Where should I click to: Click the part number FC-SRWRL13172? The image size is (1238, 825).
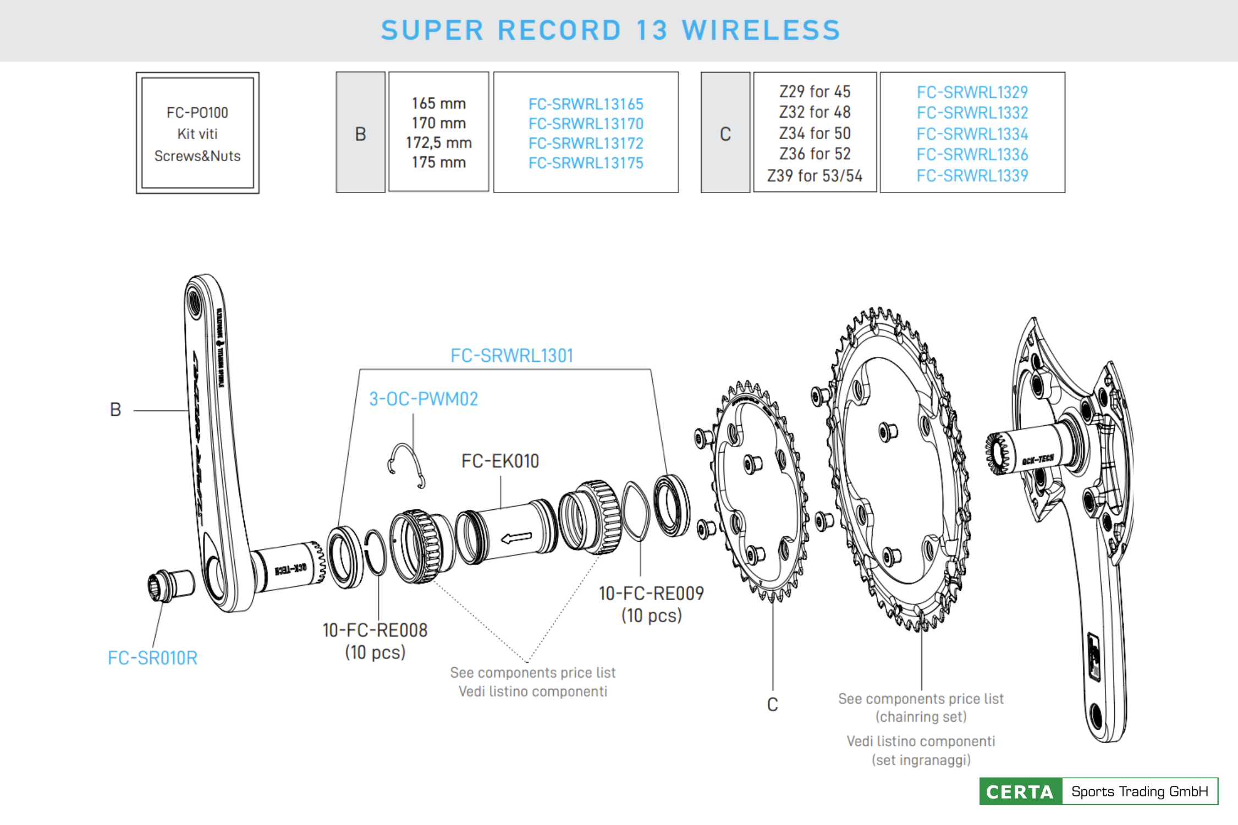pos(586,143)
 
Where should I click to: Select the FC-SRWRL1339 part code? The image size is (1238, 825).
pos(972,175)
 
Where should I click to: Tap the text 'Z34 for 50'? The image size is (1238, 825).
pos(815,133)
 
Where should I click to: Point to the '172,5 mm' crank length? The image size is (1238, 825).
pos(439,142)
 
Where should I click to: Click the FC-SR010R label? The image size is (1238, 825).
pos(152,658)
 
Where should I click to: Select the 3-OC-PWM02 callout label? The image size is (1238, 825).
pos(423,399)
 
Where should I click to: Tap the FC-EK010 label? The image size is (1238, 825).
pos(500,461)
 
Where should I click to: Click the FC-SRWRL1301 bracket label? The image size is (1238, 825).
pos(511,356)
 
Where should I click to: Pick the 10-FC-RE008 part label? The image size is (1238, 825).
pos(375,630)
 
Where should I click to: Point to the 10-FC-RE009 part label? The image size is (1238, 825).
pos(651,593)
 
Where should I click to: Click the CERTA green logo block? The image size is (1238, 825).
pos(1020,791)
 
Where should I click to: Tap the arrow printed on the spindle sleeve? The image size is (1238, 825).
pos(516,537)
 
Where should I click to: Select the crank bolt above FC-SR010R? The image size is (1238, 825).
pos(170,585)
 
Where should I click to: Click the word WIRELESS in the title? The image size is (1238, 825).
pos(761,30)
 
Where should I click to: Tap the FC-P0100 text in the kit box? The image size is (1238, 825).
pos(197,113)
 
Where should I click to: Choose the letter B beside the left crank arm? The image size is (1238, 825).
pos(115,410)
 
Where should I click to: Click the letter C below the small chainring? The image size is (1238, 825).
pos(772,705)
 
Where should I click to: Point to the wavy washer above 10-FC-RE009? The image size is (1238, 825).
pos(635,510)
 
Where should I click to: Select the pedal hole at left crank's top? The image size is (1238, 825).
pos(195,302)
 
